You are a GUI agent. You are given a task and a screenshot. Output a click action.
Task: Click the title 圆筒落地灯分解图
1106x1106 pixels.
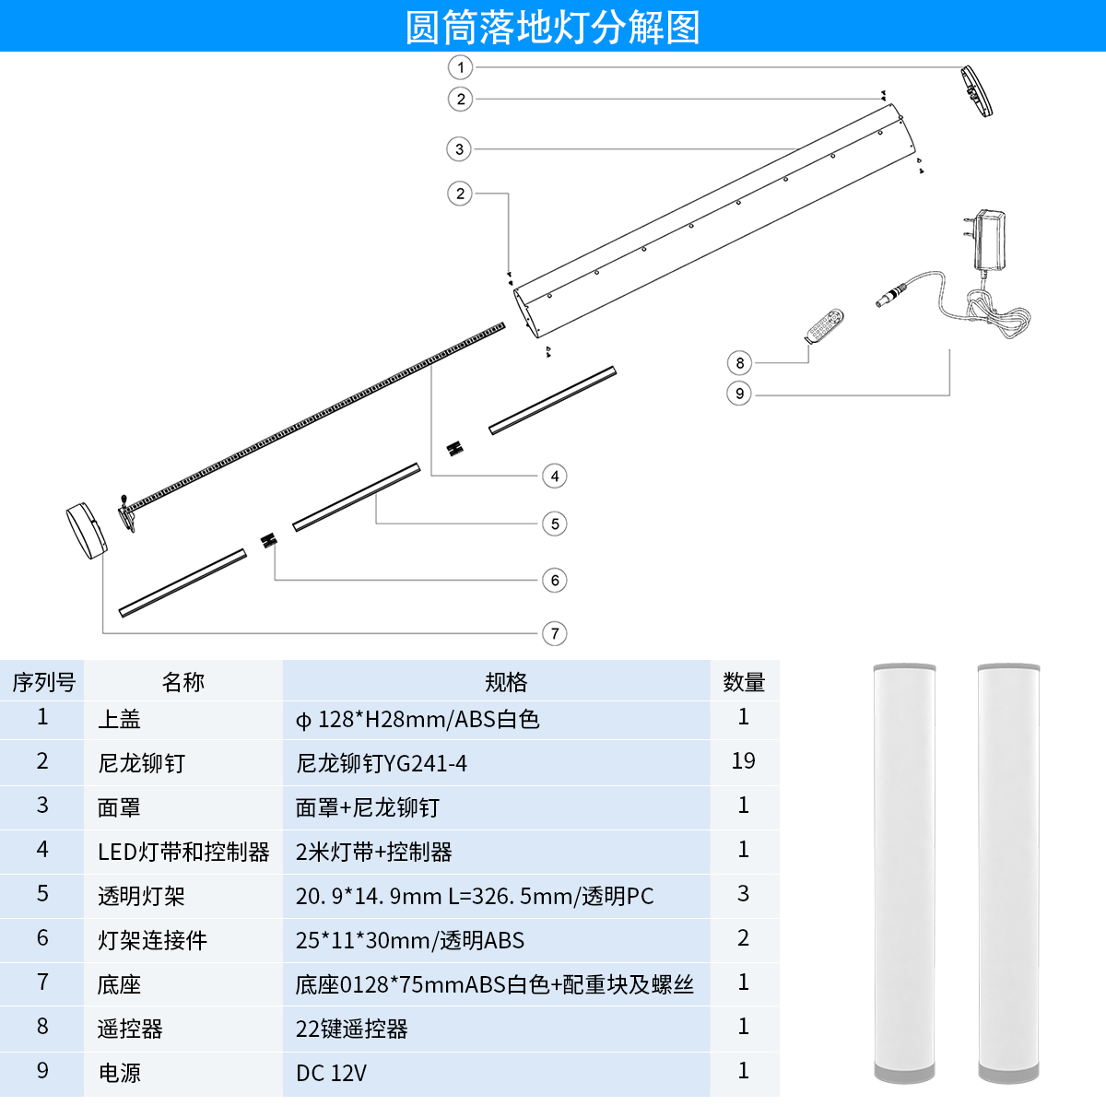(x=553, y=27)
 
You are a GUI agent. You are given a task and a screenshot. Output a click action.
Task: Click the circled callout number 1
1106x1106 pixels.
(x=461, y=67)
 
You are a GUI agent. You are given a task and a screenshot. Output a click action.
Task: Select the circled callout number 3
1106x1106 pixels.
(x=459, y=149)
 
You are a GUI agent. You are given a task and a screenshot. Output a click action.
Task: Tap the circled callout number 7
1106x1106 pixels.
(x=555, y=633)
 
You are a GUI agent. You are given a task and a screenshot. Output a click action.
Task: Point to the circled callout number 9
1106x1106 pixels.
(x=739, y=394)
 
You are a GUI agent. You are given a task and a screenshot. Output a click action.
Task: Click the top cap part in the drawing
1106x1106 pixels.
(x=976, y=91)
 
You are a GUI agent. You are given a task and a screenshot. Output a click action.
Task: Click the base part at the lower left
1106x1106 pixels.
(x=87, y=531)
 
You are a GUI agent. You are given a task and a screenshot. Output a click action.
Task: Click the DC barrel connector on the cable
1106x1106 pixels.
(x=890, y=297)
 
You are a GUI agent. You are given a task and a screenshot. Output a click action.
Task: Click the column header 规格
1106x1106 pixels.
(x=505, y=682)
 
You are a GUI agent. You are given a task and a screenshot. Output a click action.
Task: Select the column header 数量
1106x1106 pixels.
(x=744, y=682)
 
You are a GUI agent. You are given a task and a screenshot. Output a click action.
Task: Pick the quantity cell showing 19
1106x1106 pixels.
(x=743, y=761)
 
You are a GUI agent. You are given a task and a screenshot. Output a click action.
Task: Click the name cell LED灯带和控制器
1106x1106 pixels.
(x=183, y=852)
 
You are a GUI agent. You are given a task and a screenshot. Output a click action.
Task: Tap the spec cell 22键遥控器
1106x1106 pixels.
(x=352, y=1029)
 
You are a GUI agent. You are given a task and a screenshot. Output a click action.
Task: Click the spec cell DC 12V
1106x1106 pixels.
(x=331, y=1073)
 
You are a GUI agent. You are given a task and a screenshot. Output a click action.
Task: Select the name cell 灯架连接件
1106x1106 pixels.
(x=152, y=940)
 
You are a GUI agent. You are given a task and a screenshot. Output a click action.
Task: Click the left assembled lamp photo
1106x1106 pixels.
(x=904, y=872)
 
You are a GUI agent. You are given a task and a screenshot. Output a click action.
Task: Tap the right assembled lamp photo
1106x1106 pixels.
(x=1008, y=872)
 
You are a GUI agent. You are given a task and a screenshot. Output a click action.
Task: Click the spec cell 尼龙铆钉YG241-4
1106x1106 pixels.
(x=381, y=763)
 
